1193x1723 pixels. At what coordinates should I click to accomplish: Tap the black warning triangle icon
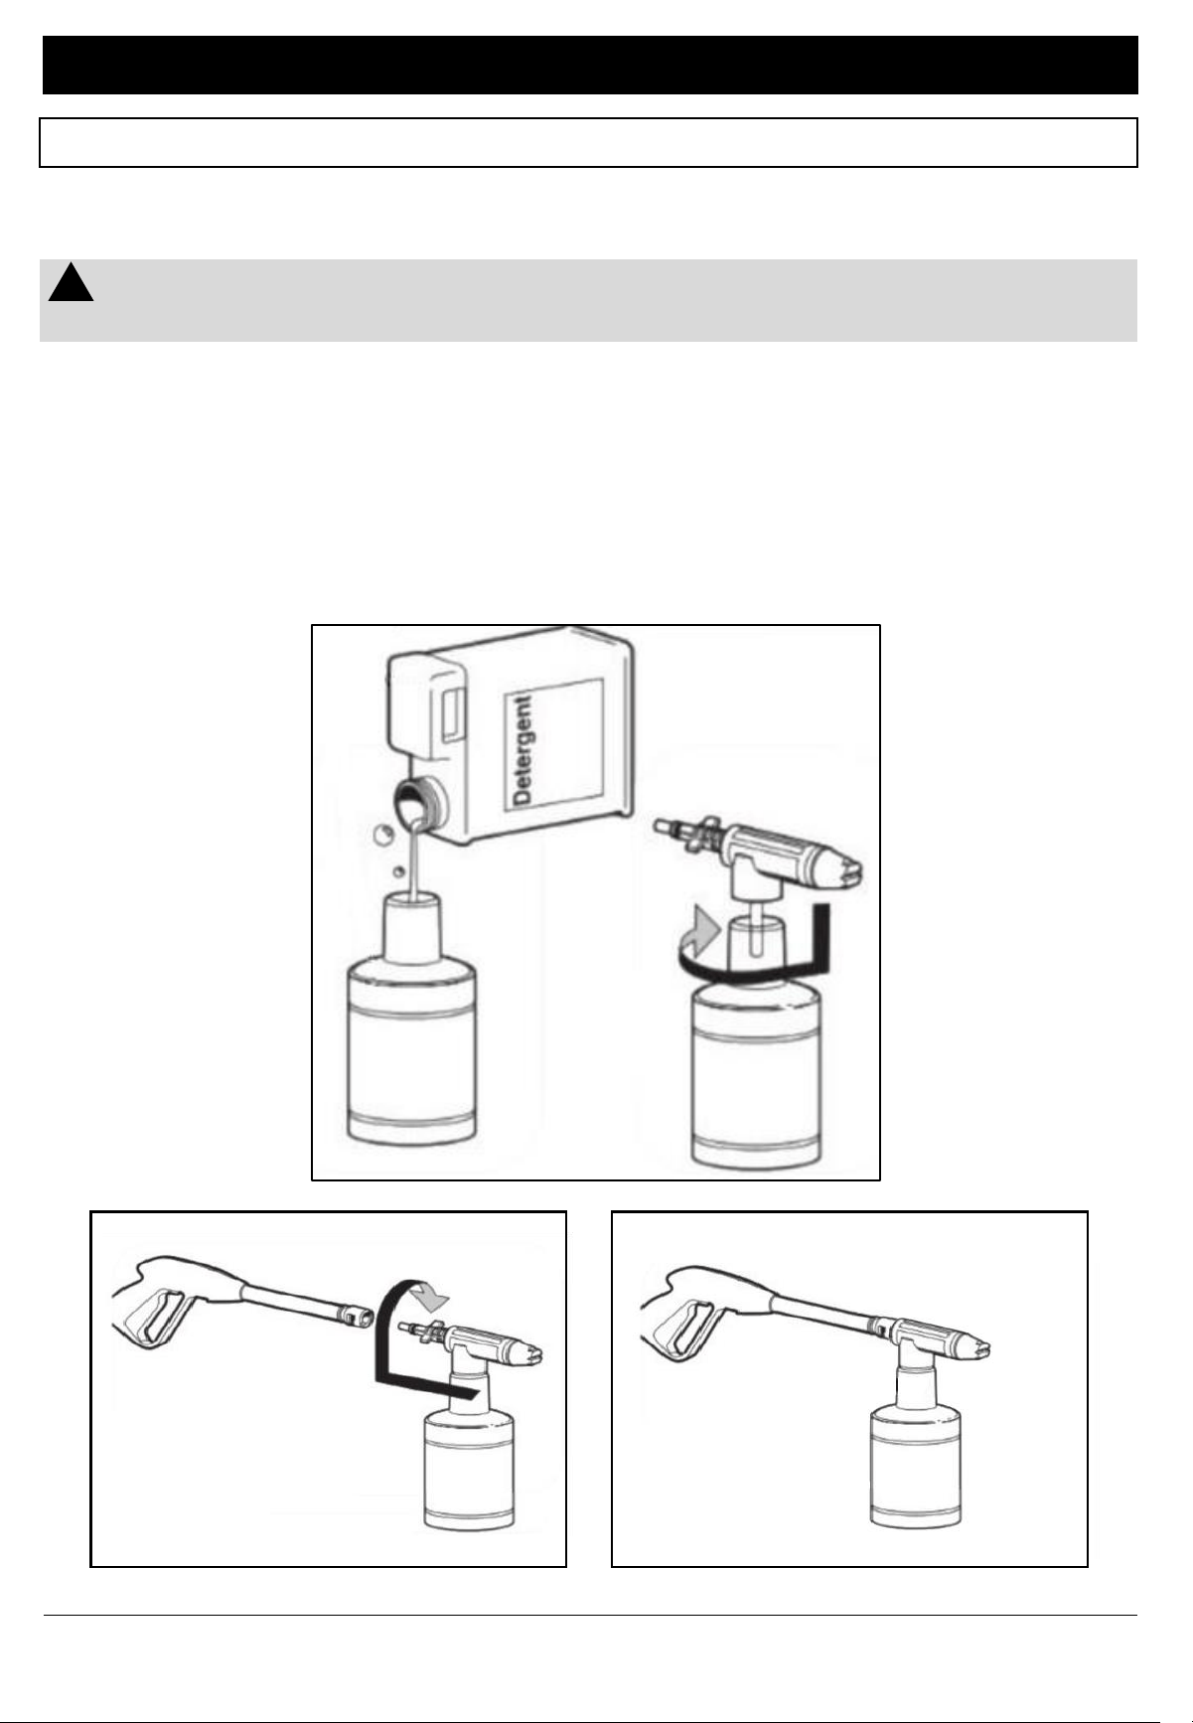click(x=71, y=283)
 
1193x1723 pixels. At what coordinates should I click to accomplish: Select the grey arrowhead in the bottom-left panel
click(x=431, y=1294)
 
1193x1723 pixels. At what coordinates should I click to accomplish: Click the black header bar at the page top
click(x=590, y=65)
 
